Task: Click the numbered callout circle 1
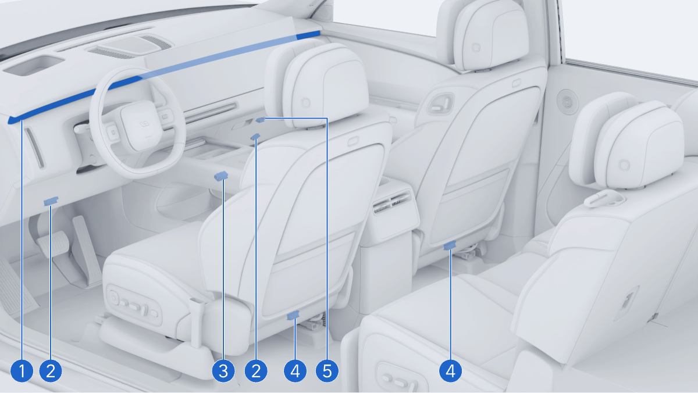point(22,371)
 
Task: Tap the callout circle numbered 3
point(223,371)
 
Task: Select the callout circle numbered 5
point(327,371)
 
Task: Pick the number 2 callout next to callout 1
point(51,371)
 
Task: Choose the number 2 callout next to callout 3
point(256,371)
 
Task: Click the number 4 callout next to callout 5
point(295,371)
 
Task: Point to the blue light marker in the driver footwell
point(51,201)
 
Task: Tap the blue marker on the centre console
point(221,176)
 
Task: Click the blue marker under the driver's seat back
point(293,315)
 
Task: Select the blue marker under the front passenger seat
point(450,245)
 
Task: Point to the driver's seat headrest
point(326,85)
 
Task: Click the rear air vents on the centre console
point(392,202)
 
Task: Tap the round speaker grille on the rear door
point(568,102)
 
